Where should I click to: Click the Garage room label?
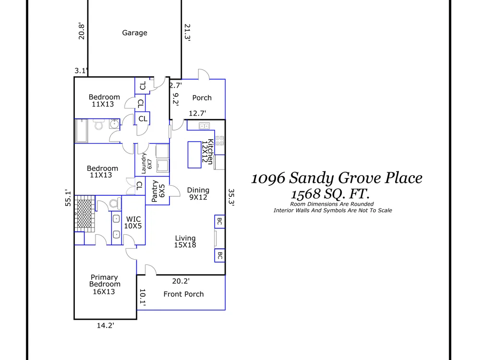point(135,33)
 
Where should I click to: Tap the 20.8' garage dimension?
point(82,31)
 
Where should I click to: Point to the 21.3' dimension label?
point(187,33)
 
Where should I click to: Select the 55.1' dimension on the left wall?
point(68,198)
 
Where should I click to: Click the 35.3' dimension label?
point(231,198)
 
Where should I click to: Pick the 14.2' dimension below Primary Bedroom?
point(106,325)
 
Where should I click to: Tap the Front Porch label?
point(183,294)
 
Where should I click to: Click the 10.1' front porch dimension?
point(143,298)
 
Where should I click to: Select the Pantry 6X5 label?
point(158,191)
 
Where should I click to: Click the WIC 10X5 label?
point(133,223)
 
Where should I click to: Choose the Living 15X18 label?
point(185,241)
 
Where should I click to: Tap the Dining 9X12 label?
point(198,193)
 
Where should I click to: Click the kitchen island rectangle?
point(194,155)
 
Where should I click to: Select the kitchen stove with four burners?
point(219,141)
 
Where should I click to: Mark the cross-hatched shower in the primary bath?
point(85,214)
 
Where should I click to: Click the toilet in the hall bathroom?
point(98,125)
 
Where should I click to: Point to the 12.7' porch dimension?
point(197,113)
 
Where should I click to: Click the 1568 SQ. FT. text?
point(330,194)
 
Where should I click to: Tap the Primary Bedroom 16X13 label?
point(104,284)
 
